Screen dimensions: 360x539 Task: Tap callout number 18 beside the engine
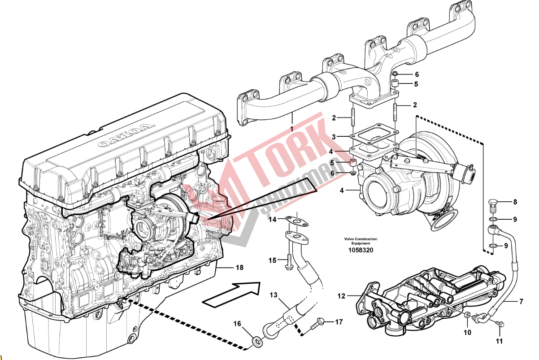239,268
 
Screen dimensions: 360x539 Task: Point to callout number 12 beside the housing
342,296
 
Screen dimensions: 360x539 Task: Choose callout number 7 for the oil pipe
522,302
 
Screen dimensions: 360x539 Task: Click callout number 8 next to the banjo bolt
515,202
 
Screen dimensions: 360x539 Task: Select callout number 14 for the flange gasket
273,220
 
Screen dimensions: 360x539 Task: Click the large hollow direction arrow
231,294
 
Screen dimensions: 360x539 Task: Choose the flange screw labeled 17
322,321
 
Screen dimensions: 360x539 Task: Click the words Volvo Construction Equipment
361,241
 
